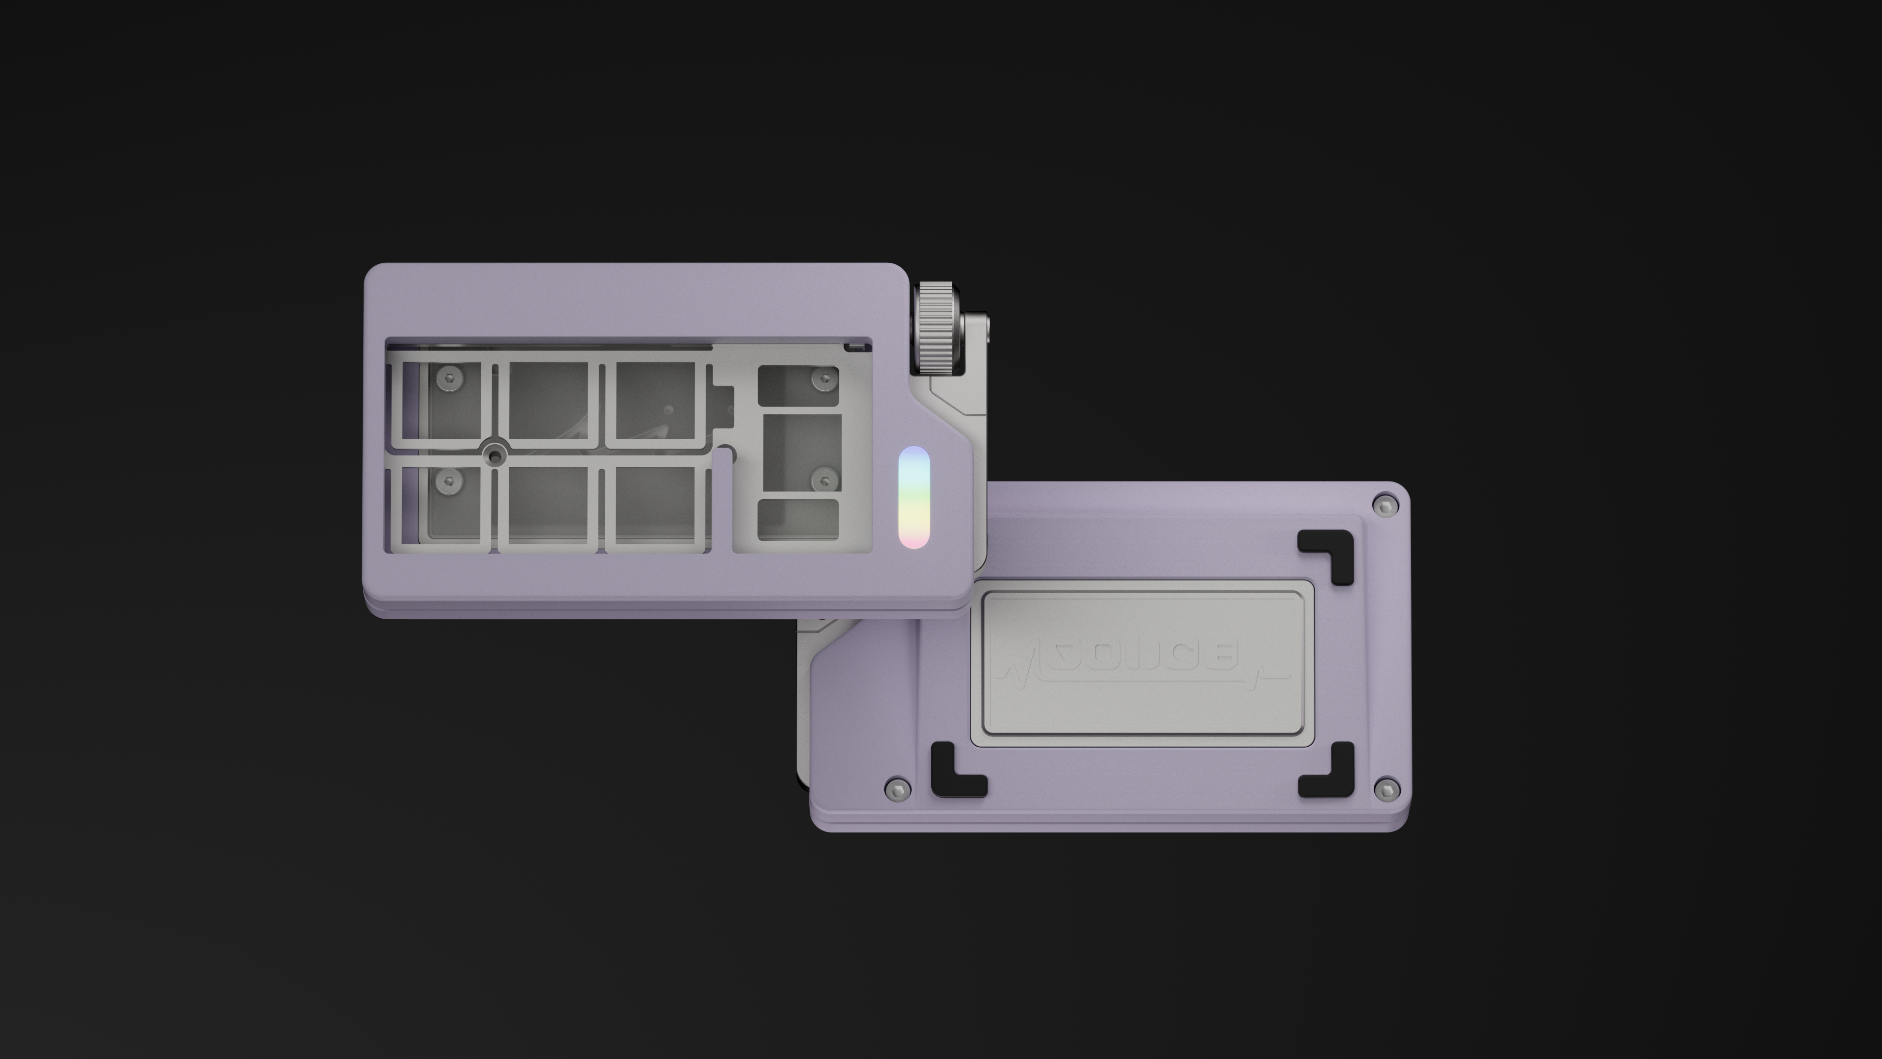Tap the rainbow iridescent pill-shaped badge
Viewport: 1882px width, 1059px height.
913,497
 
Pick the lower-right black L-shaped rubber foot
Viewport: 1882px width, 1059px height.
1329,772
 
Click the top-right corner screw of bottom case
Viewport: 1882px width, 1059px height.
1385,505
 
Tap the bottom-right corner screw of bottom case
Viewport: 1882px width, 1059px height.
1386,788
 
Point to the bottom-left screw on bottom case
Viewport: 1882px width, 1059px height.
898,788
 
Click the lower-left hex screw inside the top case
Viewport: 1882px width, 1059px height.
449,480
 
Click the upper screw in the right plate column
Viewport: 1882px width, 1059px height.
825,378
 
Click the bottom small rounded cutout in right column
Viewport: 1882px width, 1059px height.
798,520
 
